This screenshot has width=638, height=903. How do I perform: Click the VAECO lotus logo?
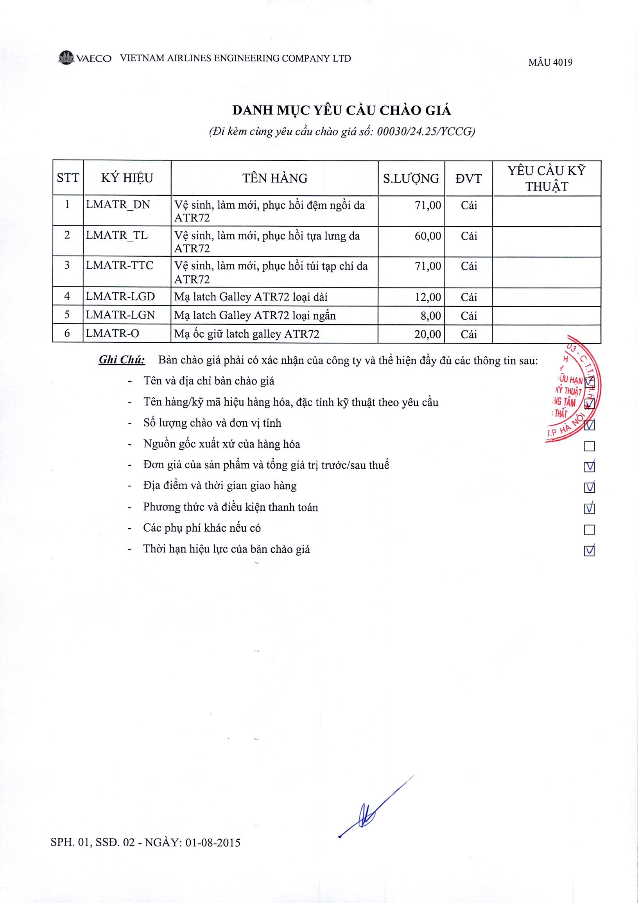tap(66, 58)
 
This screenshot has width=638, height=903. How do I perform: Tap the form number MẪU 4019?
tap(550, 63)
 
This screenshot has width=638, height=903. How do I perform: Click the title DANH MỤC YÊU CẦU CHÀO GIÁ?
tap(341, 111)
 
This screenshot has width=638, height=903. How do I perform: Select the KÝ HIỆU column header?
tap(127, 178)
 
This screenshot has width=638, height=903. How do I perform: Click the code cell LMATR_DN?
tap(118, 204)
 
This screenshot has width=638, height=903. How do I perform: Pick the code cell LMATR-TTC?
tap(120, 265)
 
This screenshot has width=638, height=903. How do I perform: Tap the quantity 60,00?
tap(428, 236)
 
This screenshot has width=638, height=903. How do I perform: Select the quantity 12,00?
tap(428, 297)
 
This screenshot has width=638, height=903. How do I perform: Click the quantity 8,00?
tap(430, 316)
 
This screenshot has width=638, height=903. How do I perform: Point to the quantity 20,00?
tap(428, 334)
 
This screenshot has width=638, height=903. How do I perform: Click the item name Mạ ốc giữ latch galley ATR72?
tap(247, 334)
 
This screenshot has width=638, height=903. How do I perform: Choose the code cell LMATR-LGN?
tap(120, 315)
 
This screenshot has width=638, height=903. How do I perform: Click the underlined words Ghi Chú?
tap(122, 360)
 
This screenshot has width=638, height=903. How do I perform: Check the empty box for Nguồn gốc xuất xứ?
tap(589, 446)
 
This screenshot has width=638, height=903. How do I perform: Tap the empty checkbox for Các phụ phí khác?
tap(589, 530)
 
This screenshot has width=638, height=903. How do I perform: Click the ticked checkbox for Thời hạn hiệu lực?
tap(589, 551)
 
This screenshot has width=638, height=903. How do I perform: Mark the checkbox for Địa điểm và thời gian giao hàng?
tap(589, 488)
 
